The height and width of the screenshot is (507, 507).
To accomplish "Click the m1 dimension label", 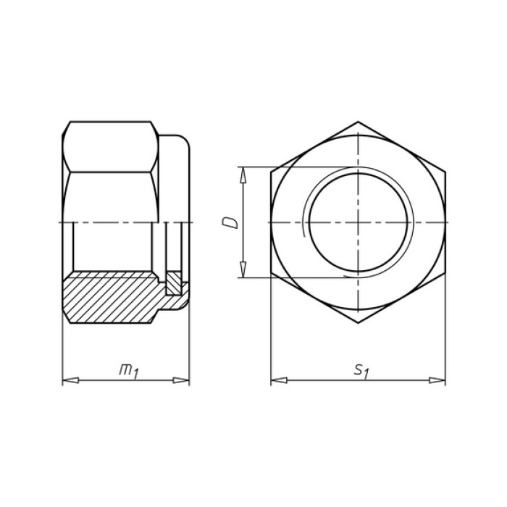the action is click(129, 371).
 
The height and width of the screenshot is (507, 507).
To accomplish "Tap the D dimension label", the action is click(230, 223).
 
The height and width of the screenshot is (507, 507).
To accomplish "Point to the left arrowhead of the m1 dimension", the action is click(70, 380).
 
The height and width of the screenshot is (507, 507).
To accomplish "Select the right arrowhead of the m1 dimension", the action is click(181, 380).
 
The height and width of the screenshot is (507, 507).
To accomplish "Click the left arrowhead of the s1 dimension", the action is click(279, 380).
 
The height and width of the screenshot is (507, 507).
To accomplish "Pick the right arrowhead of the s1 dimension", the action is click(437, 380).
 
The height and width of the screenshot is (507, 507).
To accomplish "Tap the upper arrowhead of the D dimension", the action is click(243, 175).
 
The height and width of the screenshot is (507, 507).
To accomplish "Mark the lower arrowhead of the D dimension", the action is click(243, 269).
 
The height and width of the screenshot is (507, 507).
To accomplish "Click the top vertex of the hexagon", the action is click(358, 122).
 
